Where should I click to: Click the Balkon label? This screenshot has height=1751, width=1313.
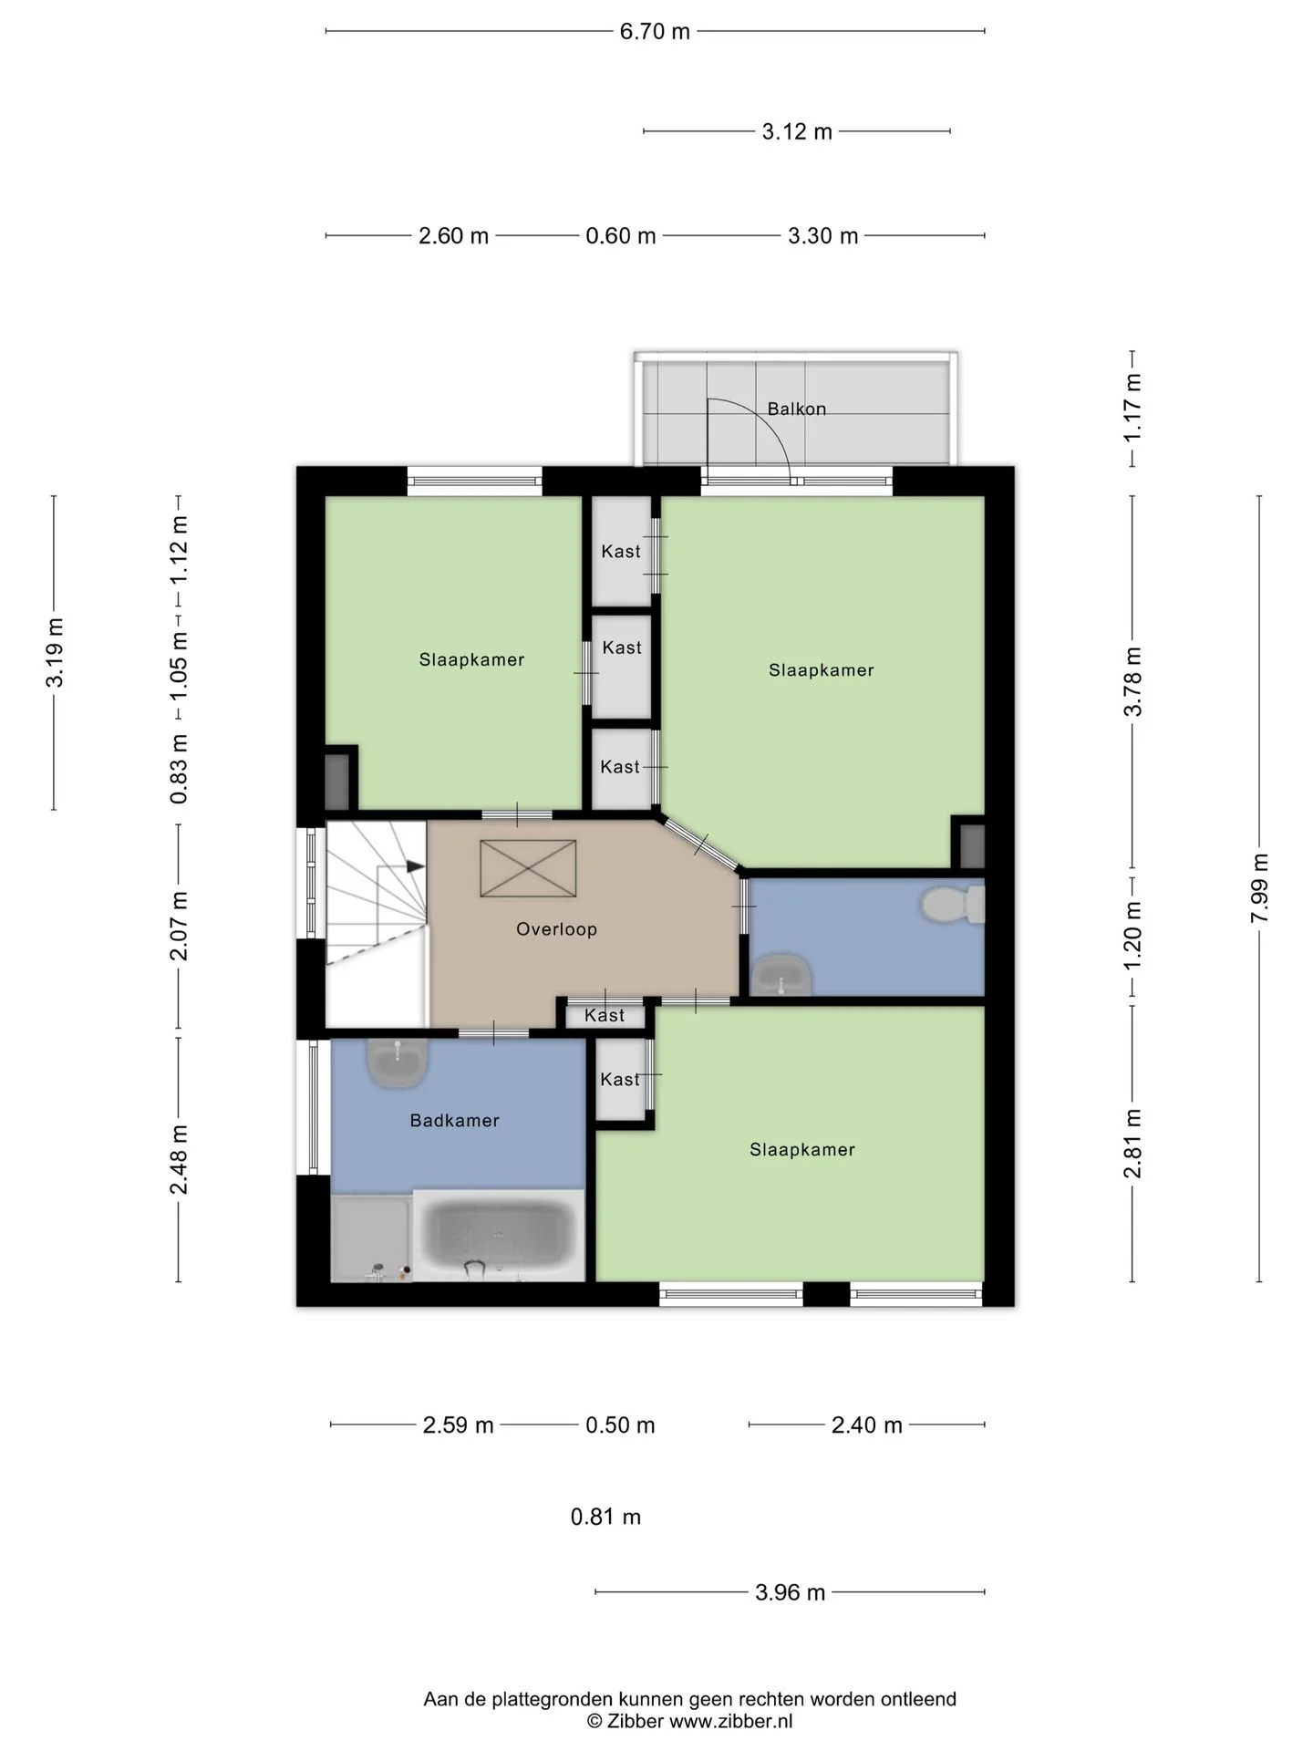pyautogui.click(x=796, y=409)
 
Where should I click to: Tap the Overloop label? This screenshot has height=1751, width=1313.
pyautogui.click(x=556, y=929)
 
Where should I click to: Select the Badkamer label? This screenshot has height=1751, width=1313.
pyautogui.click(x=454, y=1121)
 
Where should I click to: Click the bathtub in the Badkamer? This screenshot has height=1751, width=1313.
pyautogui.click(x=499, y=1234)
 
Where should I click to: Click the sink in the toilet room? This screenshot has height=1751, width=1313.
pyautogui.click(x=781, y=975)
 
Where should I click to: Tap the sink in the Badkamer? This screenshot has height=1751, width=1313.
pyautogui.click(x=398, y=1063)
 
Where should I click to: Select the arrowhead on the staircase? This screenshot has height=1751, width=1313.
pyautogui.click(x=415, y=866)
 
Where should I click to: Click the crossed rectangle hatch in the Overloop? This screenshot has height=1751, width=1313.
pyautogui.click(x=528, y=868)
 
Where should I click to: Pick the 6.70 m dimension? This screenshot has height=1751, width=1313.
pyautogui.click(x=655, y=31)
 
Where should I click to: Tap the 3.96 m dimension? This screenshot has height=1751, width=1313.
pyautogui.click(x=790, y=1592)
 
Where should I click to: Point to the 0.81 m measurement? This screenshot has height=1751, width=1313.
pyautogui.click(x=605, y=1517)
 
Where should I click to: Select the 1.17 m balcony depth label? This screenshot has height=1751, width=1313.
pyautogui.click(x=1132, y=408)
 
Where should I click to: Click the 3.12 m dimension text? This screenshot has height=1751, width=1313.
pyautogui.click(x=797, y=131)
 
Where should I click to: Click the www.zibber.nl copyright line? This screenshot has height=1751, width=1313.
pyautogui.click(x=689, y=1721)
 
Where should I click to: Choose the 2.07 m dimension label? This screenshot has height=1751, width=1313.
pyautogui.click(x=179, y=926)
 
